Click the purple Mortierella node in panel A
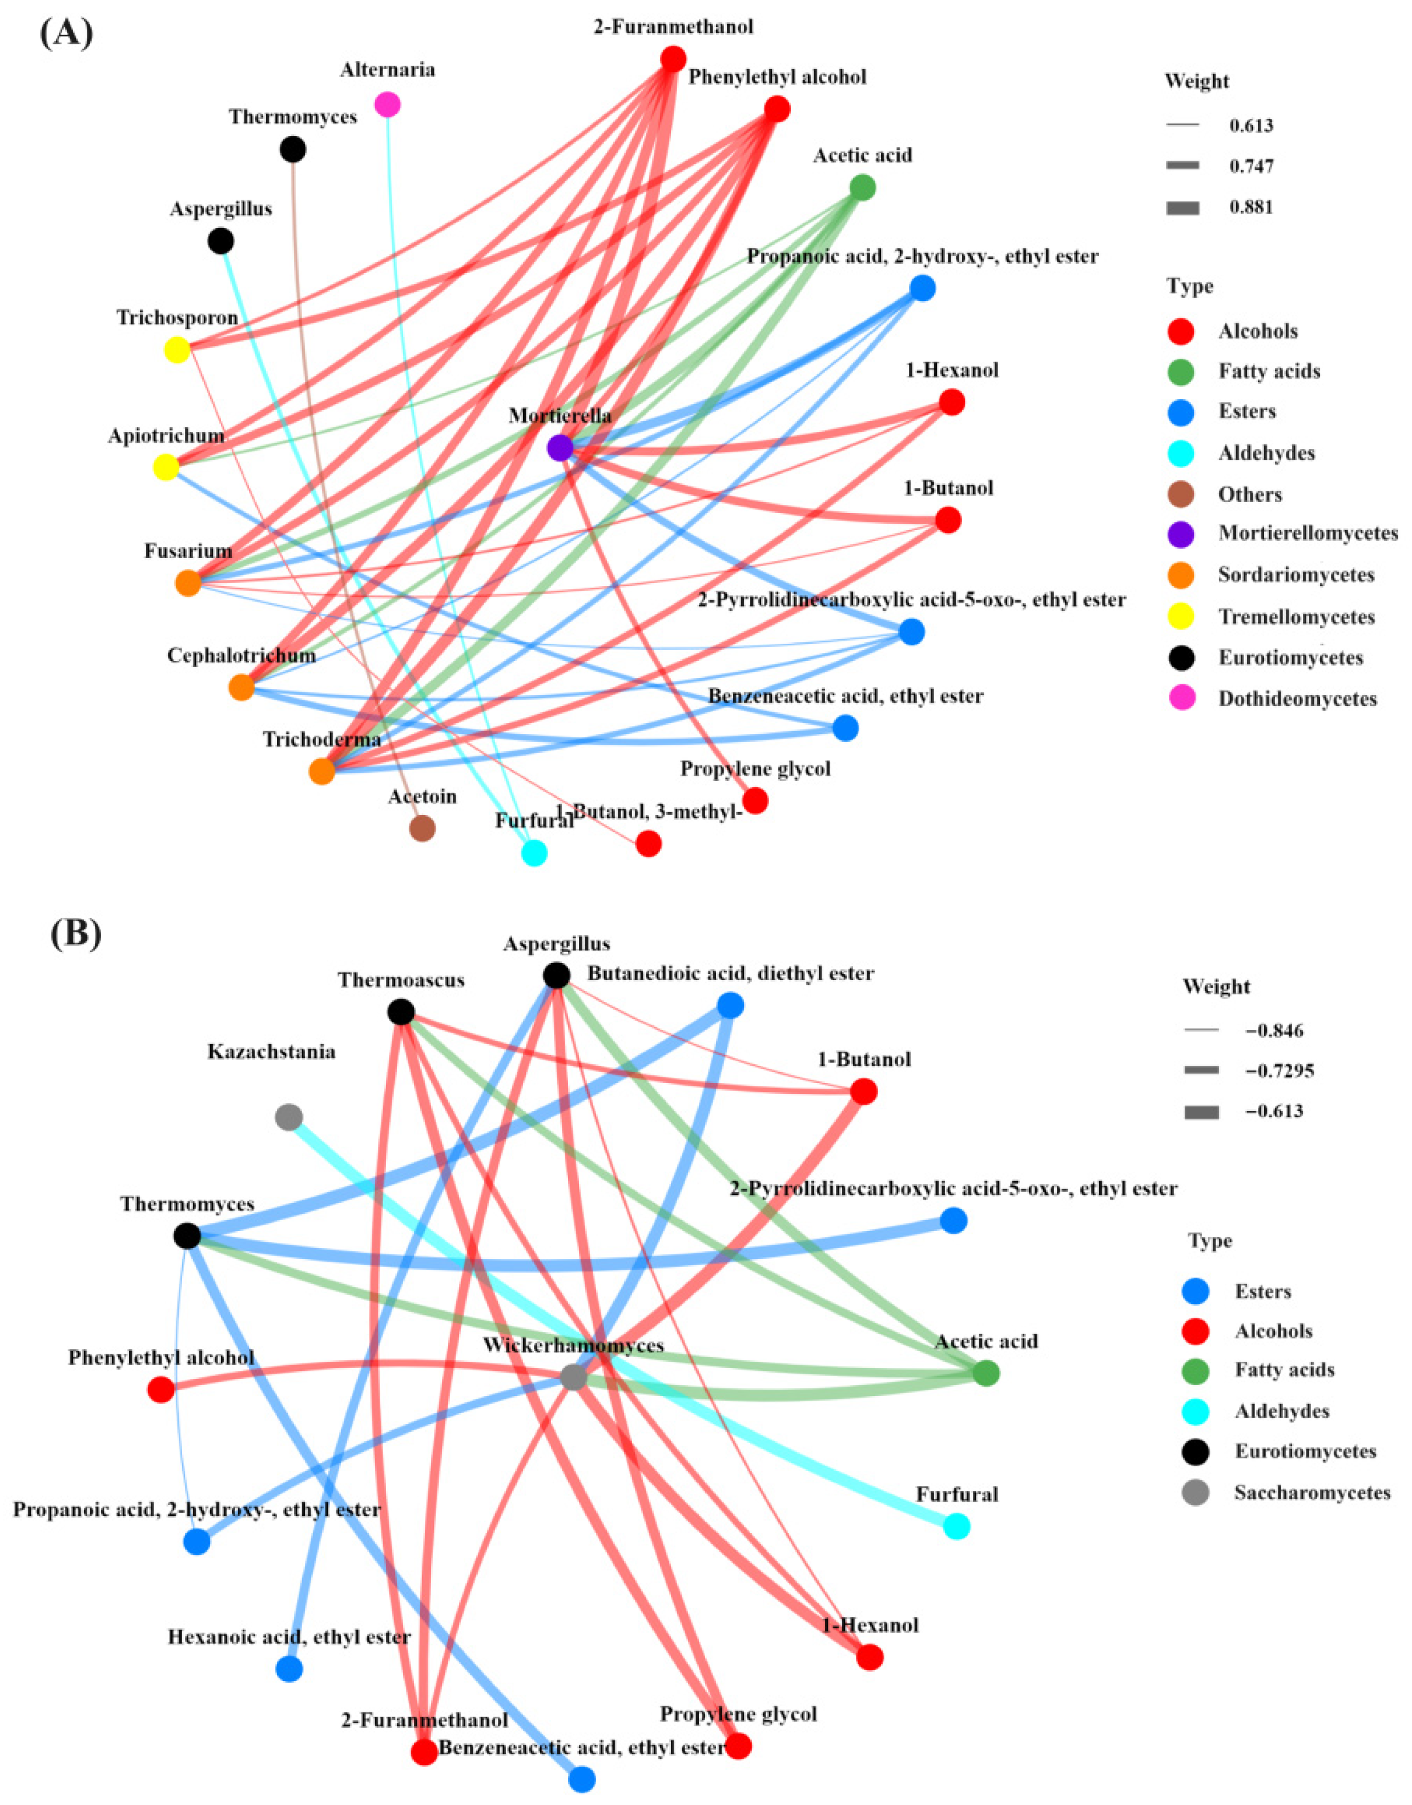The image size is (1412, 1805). coord(560,448)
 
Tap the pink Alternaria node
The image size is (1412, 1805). coord(388,104)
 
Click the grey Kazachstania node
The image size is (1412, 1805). coord(288,1117)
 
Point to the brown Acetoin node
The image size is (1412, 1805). coord(423,828)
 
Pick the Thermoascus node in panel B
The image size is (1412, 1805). coord(401,1011)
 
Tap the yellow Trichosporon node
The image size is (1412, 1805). coord(177,350)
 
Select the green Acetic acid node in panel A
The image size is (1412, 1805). coord(862,188)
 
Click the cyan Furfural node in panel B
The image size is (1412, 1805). coord(956,1526)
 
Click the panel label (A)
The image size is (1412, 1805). coord(66,35)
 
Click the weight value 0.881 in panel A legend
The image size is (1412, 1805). coord(1251,207)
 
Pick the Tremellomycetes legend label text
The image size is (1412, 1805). coord(1296,617)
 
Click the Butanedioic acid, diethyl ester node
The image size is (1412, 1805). coord(730,1005)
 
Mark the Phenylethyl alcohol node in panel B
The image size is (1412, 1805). coord(160,1389)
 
